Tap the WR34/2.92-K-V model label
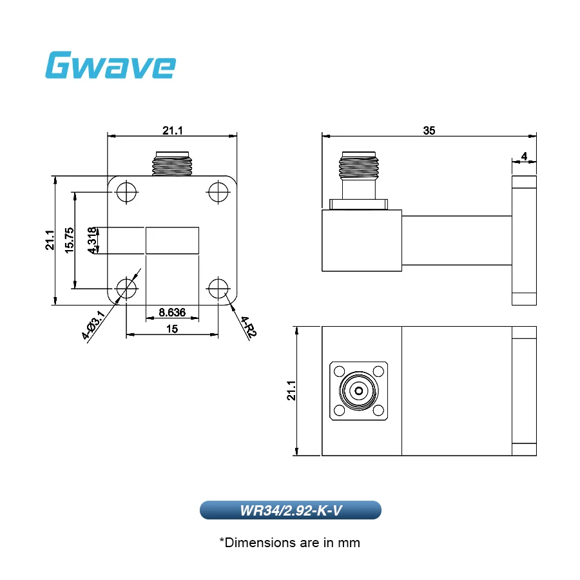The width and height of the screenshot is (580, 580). (x=291, y=510)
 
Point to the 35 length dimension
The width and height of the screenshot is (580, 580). (x=429, y=131)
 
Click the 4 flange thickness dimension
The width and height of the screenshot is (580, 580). (x=524, y=157)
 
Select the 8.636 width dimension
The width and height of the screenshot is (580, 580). (x=172, y=313)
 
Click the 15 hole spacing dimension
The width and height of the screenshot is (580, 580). (x=172, y=329)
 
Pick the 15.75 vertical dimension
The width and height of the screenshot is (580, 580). (x=69, y=240)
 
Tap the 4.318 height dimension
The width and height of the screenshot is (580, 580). (x=92, y=240)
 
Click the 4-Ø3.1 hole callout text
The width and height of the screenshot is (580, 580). (x=93, y=325)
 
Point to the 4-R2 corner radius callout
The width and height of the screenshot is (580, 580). (x=249, y=327)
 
